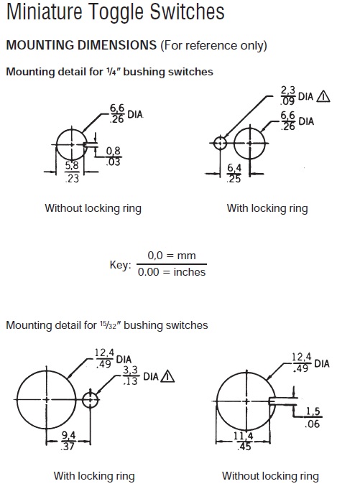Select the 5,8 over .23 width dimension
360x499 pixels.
click(72, 172)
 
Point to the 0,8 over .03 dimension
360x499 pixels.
click(113, 157)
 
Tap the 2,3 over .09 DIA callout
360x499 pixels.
click(297, 95)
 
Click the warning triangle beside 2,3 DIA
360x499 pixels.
click(323, 96)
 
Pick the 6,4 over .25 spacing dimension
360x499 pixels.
click(234, 173)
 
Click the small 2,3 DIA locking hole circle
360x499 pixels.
click(220, 143)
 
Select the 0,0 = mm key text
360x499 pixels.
click(172, 256)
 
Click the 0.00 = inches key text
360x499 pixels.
click(172, 272)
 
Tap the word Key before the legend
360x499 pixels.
click(121, 265)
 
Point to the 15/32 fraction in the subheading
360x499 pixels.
click(108, 325)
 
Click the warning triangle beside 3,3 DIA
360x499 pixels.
click(167, 376)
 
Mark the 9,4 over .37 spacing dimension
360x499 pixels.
click(68, 441)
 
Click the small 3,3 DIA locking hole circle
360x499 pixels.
click(90, 399)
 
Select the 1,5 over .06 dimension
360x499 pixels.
click(313, 417)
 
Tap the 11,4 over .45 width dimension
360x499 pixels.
click(244, 441)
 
